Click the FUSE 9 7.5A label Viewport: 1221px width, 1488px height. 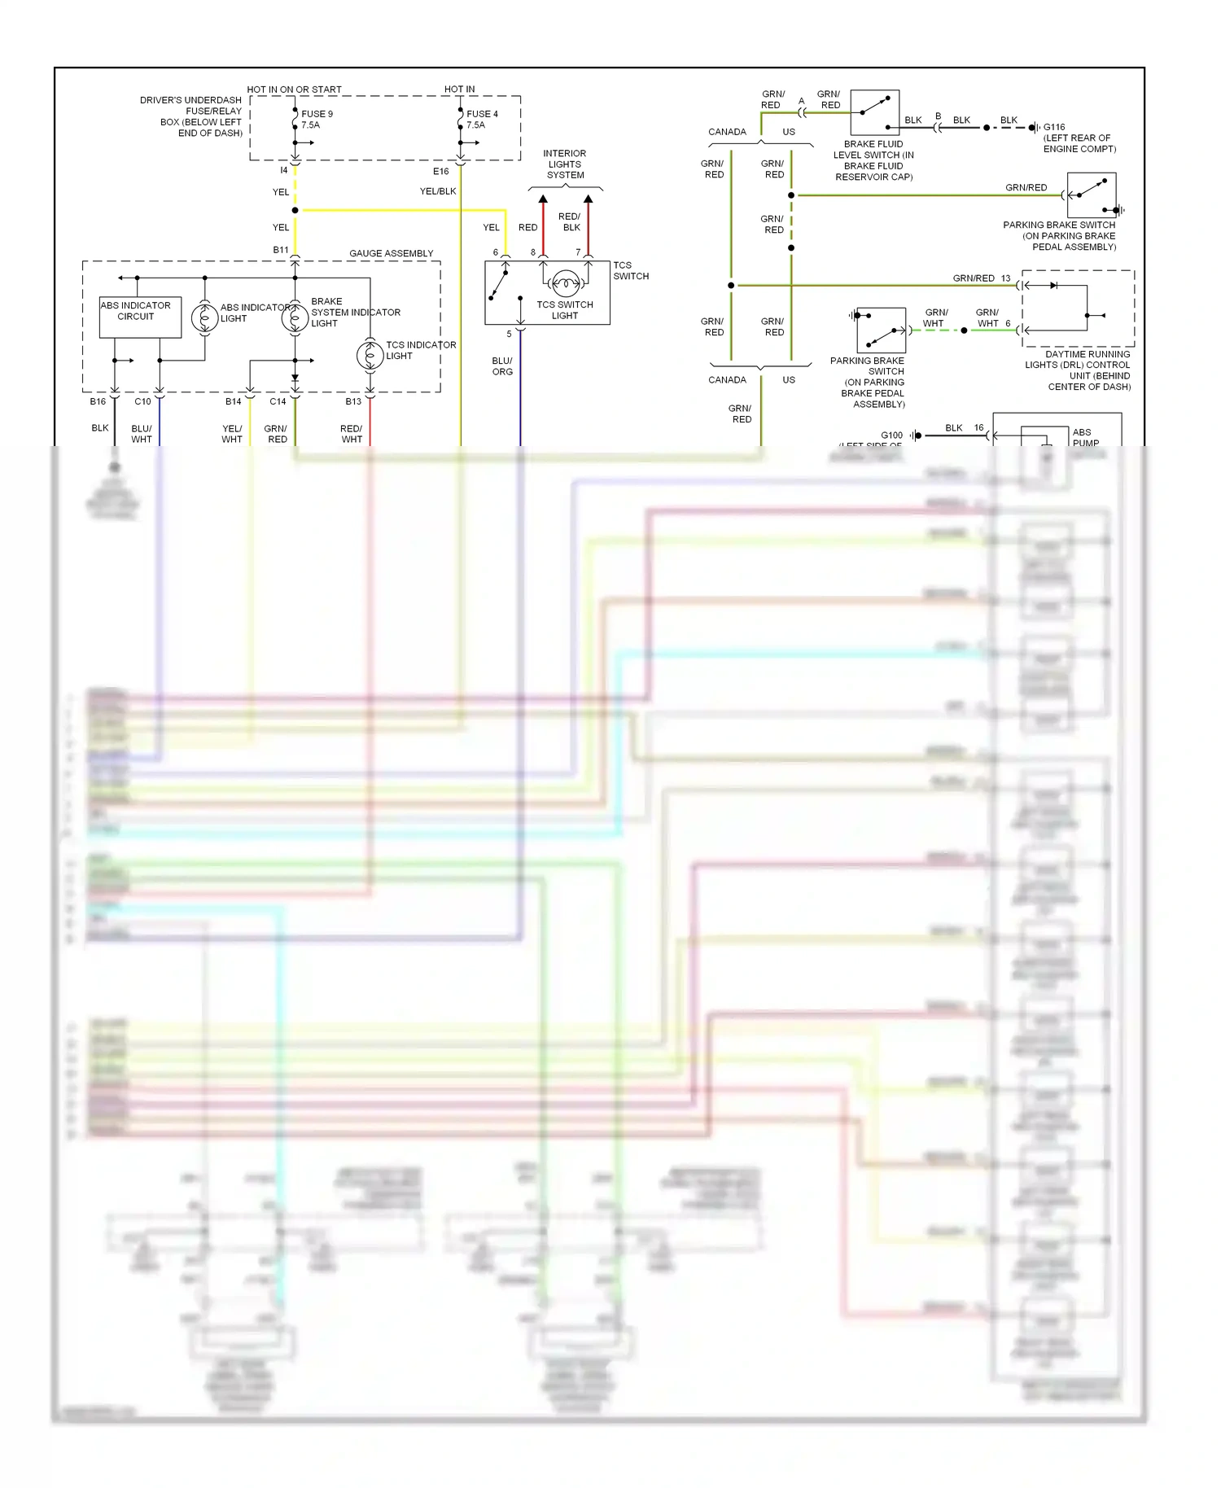(316, 120)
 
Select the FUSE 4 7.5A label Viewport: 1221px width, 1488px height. (481, 120)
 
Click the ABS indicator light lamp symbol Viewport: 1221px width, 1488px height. (204, 317)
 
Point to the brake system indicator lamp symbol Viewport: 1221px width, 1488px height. (295, 317)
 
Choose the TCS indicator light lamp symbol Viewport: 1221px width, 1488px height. (370, 356)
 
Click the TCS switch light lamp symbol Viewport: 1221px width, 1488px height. (565, 284)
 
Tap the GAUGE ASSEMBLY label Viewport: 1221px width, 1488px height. (391, 253)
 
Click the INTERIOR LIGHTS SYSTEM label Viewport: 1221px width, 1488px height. (565, 164)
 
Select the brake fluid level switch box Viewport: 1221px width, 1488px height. (874, 112)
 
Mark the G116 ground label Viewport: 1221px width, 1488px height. (1054, 127)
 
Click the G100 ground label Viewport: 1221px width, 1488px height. (891, 435)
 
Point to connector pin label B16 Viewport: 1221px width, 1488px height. (98, 401)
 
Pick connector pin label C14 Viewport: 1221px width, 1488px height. (278, 401)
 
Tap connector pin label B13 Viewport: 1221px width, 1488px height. (353, 401)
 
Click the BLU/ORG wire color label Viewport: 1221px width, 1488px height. (502, 366)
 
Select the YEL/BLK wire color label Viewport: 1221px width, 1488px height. (438, 191)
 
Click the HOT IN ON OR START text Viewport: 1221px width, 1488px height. (294, 90)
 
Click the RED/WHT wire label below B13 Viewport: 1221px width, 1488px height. (352, 434)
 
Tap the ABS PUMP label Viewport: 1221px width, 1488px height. (1085, 438)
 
